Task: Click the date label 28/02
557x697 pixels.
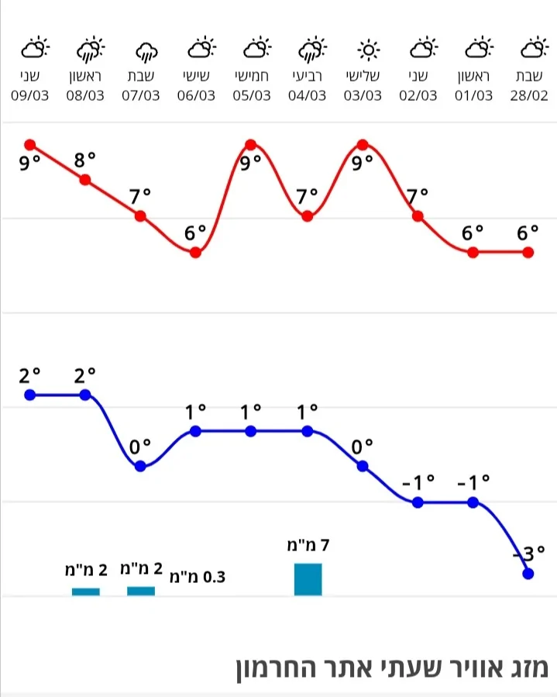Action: click(528, 95)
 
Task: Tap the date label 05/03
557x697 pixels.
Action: click(251, 95)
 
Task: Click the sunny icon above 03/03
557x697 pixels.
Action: click(363, 50)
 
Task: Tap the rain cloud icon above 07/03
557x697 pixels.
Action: click(141, 51)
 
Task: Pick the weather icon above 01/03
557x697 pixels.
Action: click(473, 50)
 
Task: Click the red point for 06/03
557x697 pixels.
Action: click(196, 252)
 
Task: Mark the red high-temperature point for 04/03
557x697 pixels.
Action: click(308, 216)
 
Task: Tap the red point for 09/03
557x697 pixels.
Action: click(30, 144)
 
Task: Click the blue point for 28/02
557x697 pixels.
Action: click(528, 574)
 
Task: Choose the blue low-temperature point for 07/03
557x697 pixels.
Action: click(140, 466)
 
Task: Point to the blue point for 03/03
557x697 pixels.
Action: click(363, 466)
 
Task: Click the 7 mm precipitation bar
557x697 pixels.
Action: click(308, 579)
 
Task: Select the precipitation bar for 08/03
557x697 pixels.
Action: click(86, 592)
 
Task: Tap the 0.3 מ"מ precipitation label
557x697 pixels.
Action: click(197, 576)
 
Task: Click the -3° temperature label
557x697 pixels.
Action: click(528, 554)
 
